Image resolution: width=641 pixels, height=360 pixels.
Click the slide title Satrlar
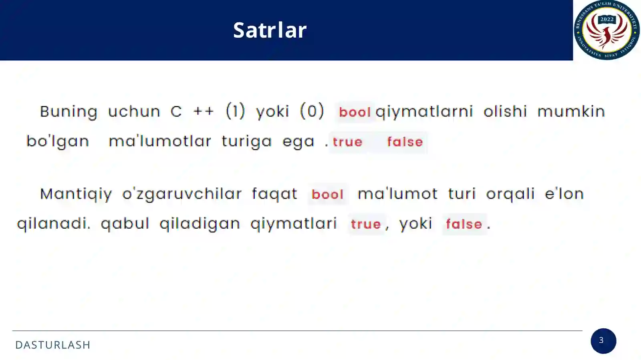(x=270, y=30)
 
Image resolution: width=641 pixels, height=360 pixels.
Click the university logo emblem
(x=607, y=30)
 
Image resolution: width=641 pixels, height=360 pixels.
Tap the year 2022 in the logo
(x=607, y=19)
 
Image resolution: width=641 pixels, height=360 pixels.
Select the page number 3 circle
(x=603, y=341)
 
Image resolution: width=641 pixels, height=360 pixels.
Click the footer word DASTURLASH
(x=53, y=345)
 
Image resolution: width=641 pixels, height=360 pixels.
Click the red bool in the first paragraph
(x=355, y=112)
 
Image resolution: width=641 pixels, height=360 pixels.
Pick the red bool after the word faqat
(x=328, y=195)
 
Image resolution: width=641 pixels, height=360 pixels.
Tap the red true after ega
(x=347, y=142)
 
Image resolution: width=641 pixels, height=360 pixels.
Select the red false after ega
(x=405, y=142)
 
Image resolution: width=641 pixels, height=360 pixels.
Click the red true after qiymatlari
(x=366, y=224)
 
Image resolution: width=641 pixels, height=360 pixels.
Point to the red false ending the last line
(x=464, y=224)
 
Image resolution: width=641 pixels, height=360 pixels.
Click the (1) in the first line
(x=235, y=111)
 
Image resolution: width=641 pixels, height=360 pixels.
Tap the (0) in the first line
(x=312, y=111)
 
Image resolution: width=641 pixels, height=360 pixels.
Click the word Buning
(x=69, y=112)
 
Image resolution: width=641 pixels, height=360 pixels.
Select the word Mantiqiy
(x=76, y=194)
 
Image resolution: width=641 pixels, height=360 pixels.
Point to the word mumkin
(x=571, y=111)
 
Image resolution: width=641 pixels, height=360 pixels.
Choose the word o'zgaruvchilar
(x=182, y=194)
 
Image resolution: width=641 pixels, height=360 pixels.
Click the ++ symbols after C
(x=204, y=111)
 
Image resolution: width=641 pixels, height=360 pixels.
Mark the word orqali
(x=510, y=194)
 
